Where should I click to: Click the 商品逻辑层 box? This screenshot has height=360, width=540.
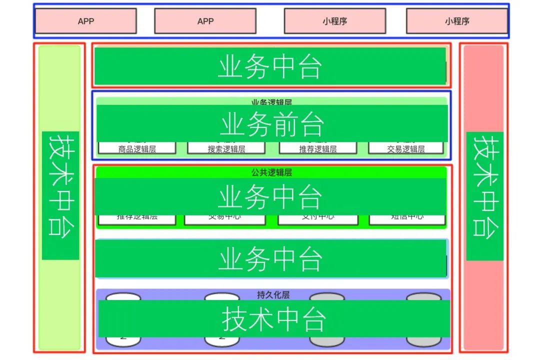coord(137,148)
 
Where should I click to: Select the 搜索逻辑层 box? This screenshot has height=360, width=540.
coord(226,148)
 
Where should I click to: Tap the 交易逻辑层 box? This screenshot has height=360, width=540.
coord(406,148)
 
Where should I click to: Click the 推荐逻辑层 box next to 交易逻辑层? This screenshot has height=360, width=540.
coord(318,148)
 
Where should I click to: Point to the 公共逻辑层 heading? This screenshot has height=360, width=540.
coord(271,172)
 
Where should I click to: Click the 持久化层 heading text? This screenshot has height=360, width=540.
coord(273,294)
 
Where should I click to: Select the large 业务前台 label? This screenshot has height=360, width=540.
coord(272,124)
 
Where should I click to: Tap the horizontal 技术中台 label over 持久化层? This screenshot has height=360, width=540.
coord(274,318)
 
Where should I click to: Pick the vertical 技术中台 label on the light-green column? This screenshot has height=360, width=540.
coord(60,195)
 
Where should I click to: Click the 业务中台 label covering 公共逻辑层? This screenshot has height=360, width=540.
coord(270,196)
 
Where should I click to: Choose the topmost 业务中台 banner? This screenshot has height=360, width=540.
coord(270,66)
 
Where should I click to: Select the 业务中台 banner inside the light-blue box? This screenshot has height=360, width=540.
coord(270,258)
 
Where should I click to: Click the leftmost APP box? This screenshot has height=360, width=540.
coord(86,21)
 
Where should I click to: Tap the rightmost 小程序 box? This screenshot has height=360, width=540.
coord(457,21)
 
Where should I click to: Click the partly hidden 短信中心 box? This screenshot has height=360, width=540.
coord(407,219)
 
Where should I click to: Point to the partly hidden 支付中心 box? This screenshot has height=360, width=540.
coord(318,219)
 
